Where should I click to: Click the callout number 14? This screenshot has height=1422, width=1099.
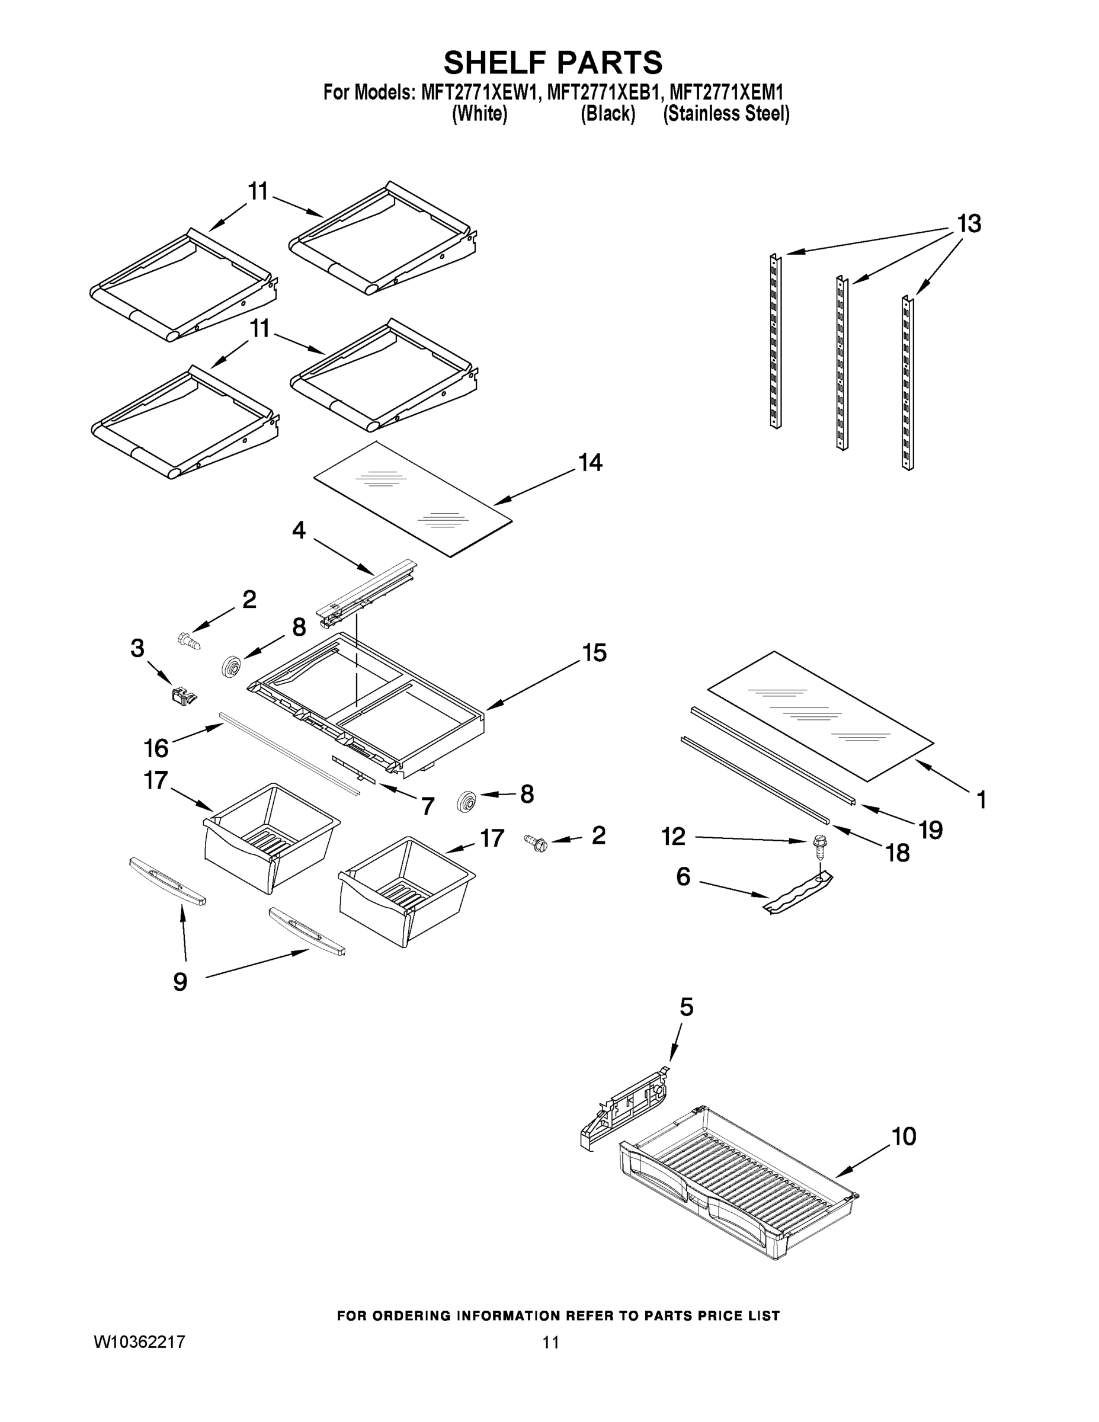590,463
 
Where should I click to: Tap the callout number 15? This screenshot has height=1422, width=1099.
594,652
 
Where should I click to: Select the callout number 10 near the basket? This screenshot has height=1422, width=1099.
903,1136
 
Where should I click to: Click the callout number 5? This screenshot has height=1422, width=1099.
686,1007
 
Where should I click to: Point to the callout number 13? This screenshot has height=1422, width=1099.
969,224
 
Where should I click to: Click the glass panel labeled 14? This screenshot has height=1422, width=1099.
413,499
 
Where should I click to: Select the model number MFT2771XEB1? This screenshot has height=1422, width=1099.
599,92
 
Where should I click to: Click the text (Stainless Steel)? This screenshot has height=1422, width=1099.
726,114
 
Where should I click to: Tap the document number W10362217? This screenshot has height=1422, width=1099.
139,1342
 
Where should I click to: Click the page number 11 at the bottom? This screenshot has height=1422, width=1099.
551,1343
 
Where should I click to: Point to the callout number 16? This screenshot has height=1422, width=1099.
156,749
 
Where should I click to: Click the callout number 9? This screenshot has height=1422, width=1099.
180,981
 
